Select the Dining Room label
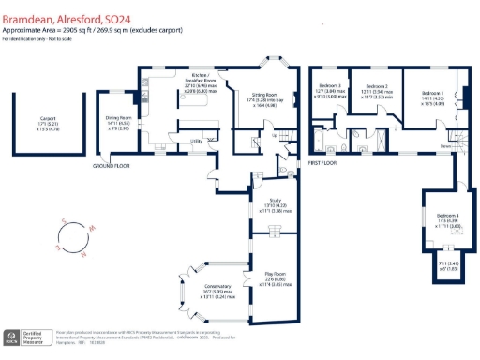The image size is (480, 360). pyautogui.click(x=116, y=118)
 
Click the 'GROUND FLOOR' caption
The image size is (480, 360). pyautogui.click(x=112, y=166)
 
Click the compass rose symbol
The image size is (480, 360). pyautogui.click(x=69, y=237)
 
